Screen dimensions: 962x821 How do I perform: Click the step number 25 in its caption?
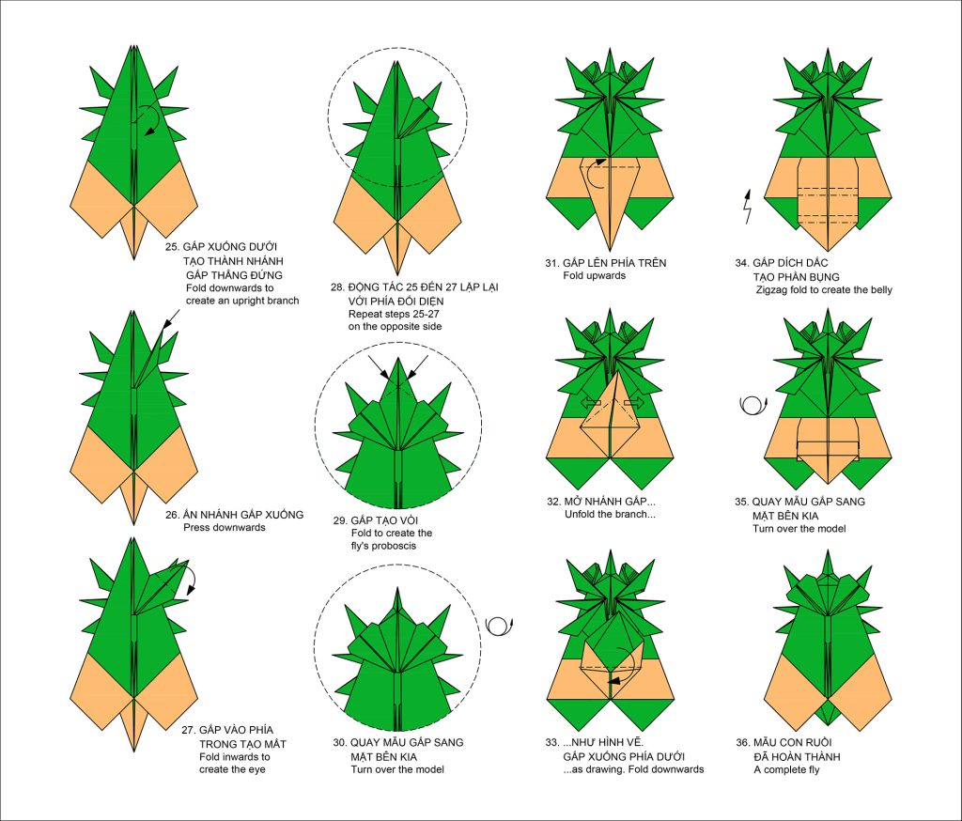pos(171,247)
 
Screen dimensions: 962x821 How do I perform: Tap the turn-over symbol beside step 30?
pos(499,626)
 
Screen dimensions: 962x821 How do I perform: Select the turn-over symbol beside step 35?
pos(753,405)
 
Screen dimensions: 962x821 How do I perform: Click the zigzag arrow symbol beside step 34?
pos(747,206)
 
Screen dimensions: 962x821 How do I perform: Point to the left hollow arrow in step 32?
pos(592,403)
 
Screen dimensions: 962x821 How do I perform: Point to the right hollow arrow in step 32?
pos(634,403)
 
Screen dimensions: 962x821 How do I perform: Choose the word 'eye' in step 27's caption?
pos(256,769)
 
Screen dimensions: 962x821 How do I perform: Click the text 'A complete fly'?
pos(786,770)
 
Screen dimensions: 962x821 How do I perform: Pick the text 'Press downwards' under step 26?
pos(225,528)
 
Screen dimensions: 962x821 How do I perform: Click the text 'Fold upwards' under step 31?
pos(595,276)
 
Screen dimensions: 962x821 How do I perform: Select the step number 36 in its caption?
pos(743,742)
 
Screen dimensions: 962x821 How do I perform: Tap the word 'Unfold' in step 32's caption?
pos(579,514)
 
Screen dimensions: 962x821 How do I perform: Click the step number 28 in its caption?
pos(338,287)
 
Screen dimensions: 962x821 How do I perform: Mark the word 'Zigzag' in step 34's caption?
pos(772,290)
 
